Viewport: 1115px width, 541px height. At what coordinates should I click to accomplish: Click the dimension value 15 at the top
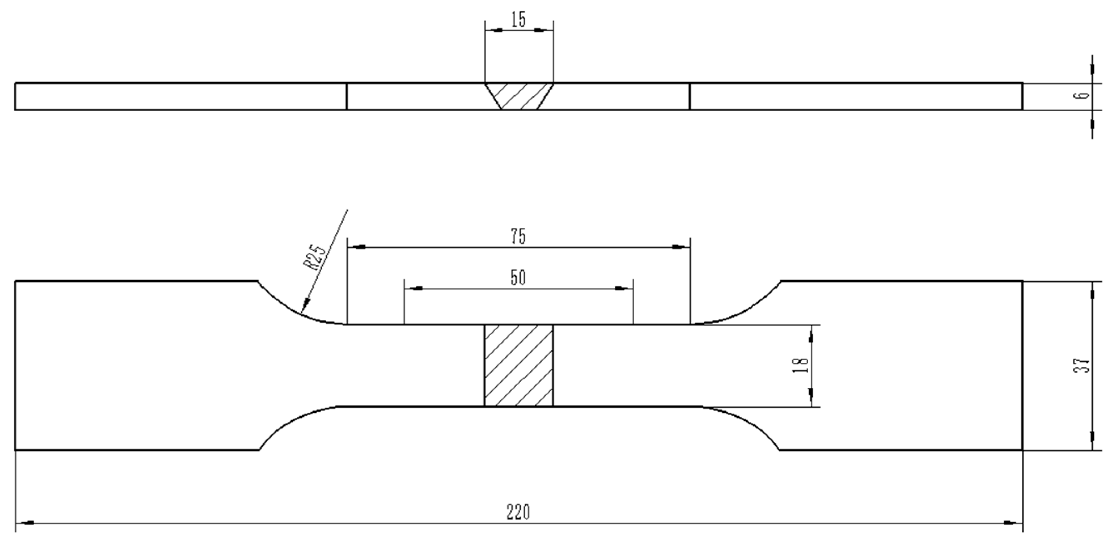point(519,20)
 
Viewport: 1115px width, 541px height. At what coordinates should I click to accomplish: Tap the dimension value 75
point(519,237)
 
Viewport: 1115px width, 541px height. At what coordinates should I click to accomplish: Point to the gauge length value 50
point(519,278)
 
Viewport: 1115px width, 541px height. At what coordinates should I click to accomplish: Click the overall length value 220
point(519,512)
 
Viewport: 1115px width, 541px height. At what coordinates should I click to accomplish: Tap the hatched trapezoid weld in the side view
point(519,96)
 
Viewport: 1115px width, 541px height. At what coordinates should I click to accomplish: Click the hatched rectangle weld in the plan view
point(519,365)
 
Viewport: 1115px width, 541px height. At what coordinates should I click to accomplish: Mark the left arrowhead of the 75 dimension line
point(357,247)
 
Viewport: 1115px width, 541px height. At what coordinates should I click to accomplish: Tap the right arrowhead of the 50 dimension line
point(623,288)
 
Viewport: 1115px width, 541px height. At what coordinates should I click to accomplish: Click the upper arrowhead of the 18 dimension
point(811,334)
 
